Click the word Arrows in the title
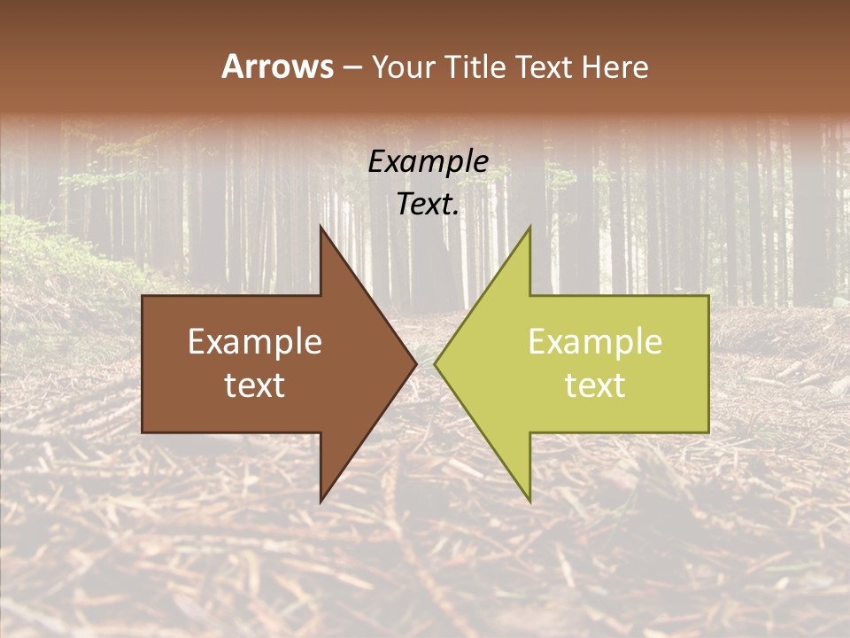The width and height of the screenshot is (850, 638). tap(277, 67)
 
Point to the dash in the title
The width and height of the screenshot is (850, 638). tap(352, 68)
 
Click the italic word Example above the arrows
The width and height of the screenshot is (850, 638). tap(429, 161)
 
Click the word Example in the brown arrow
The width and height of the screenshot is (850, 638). tap(255, 342)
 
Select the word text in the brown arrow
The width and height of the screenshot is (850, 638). tap(255, 385)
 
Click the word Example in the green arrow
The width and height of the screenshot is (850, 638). tap(595, 342)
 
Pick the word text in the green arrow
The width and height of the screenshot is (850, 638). tap(595, 385)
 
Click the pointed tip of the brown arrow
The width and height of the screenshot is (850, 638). tap(416, 363)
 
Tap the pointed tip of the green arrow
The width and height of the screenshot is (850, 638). tap(435, 363)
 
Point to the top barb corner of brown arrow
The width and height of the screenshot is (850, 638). tap(321, 226)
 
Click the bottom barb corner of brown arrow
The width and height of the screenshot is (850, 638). tap(321, 502)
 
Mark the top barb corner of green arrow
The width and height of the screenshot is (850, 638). tap(529, 226)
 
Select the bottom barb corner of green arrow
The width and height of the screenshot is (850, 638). tap(529, 502)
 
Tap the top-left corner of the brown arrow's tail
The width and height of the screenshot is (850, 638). tap(143, 296)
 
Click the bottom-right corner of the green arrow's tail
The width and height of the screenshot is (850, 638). tap(708, 432)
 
